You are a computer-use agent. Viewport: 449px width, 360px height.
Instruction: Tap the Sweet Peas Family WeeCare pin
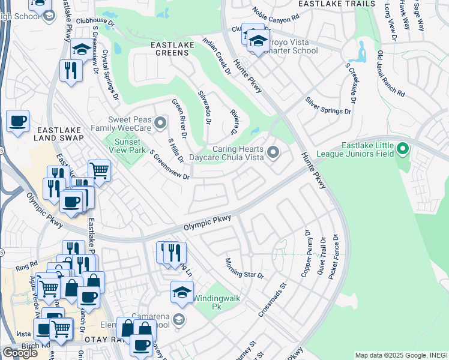click(x=160, y=124)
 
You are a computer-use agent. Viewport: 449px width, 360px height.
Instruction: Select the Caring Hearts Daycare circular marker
click(x=273, y=153)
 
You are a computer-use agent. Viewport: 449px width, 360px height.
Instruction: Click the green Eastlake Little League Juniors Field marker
click(x=402, y=148)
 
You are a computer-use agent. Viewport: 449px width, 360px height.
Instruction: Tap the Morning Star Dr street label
click(x=244, y=268)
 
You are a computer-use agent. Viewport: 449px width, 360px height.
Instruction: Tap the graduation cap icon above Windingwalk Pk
click(x=182, y=292)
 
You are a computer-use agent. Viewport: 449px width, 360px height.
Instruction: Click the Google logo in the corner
click(x=20, y=353)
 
